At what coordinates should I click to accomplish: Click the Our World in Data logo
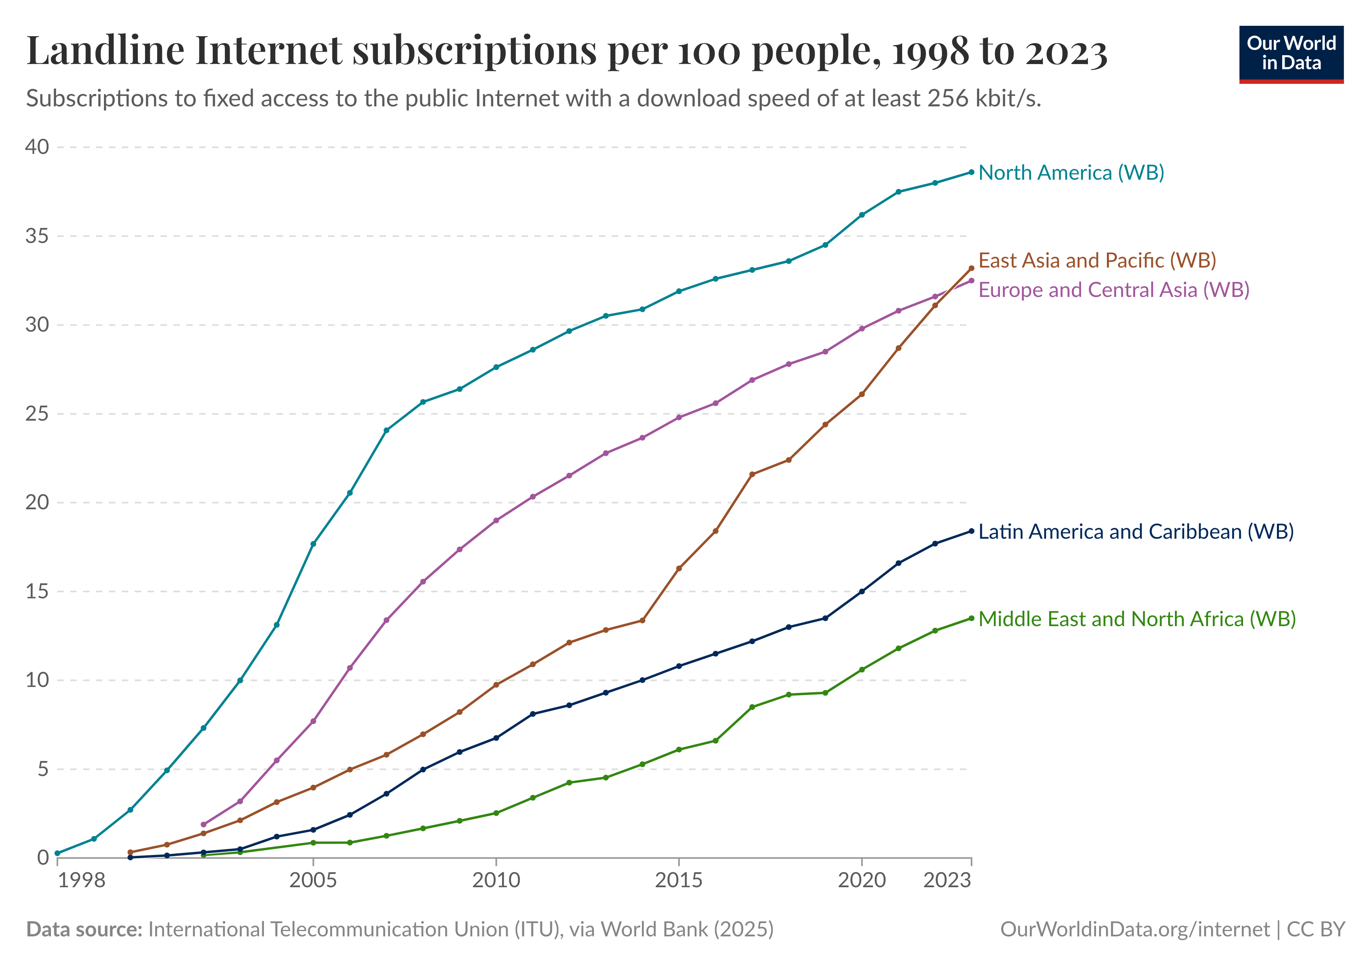click(1291, 54)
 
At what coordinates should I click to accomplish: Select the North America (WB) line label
click(1071, 172)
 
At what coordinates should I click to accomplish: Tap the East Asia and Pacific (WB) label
click(1097, 260)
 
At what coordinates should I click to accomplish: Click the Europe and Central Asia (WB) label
click(1113, 290)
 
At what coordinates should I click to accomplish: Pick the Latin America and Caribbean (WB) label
click(1135, 531)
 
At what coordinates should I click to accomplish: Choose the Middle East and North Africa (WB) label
click(1137, 619)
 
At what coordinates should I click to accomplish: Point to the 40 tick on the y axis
click(37, 147)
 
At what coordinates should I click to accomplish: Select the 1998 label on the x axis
click(82, 880)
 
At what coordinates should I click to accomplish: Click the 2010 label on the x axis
click(496, 880)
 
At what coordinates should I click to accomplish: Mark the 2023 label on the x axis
click(947, 880)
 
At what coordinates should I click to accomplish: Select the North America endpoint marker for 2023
click(971, 172)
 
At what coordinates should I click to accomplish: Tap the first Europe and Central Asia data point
click(203, 824)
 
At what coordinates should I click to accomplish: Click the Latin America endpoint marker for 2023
click(971, 531)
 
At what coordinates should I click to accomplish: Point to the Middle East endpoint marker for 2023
click(971, 618)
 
